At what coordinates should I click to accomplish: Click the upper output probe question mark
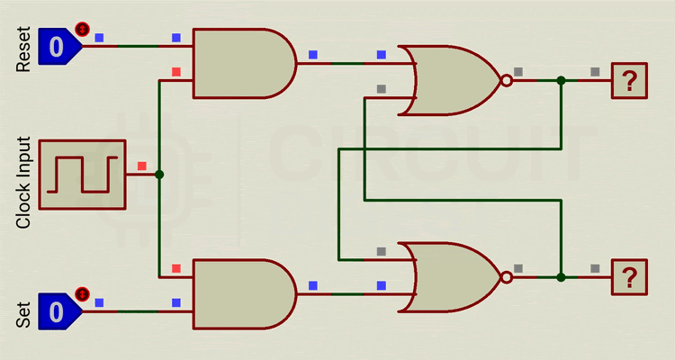coord(629,81)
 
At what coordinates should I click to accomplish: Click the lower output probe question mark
coord(629,277)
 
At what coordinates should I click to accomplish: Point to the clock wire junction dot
coord(159,175)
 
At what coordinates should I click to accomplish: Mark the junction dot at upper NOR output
coord(561,80)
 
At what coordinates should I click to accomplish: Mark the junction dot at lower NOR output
coord(561,277)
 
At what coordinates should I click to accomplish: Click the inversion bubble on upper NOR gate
coord(506,80)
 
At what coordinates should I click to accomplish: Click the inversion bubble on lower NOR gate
coord(506,277)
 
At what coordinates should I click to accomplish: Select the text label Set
coord(25,313)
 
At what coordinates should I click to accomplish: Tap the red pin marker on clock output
coord(141,166)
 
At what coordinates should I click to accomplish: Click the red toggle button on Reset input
coord(83,28)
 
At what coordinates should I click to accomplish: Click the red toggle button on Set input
coord(83,293)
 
